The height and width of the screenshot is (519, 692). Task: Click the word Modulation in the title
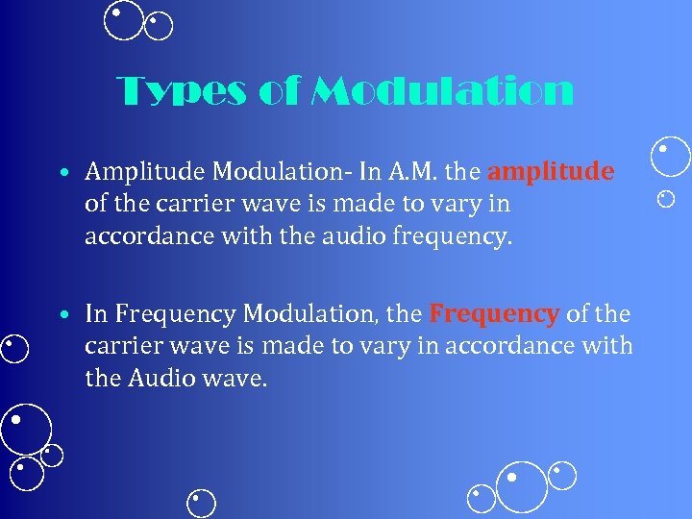pyautogui.click(x=443, y=91)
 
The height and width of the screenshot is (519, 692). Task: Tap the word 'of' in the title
pyautogui.click(x=278, y=91)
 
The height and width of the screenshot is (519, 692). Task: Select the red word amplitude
pyautogui.click(x=551, y=172)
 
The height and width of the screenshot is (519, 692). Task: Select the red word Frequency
pyautogui.click(x=494, y=313)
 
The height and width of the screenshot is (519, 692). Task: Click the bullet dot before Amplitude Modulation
pyautogui.click(x=62, y=174)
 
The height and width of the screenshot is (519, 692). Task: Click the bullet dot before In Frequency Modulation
pyautogui.click(x=62, y=315)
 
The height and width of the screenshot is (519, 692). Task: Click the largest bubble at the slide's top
pyautogui.click(x=123, y=20)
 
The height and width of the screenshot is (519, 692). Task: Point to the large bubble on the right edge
pyautogui.click(x=671, y=158)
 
